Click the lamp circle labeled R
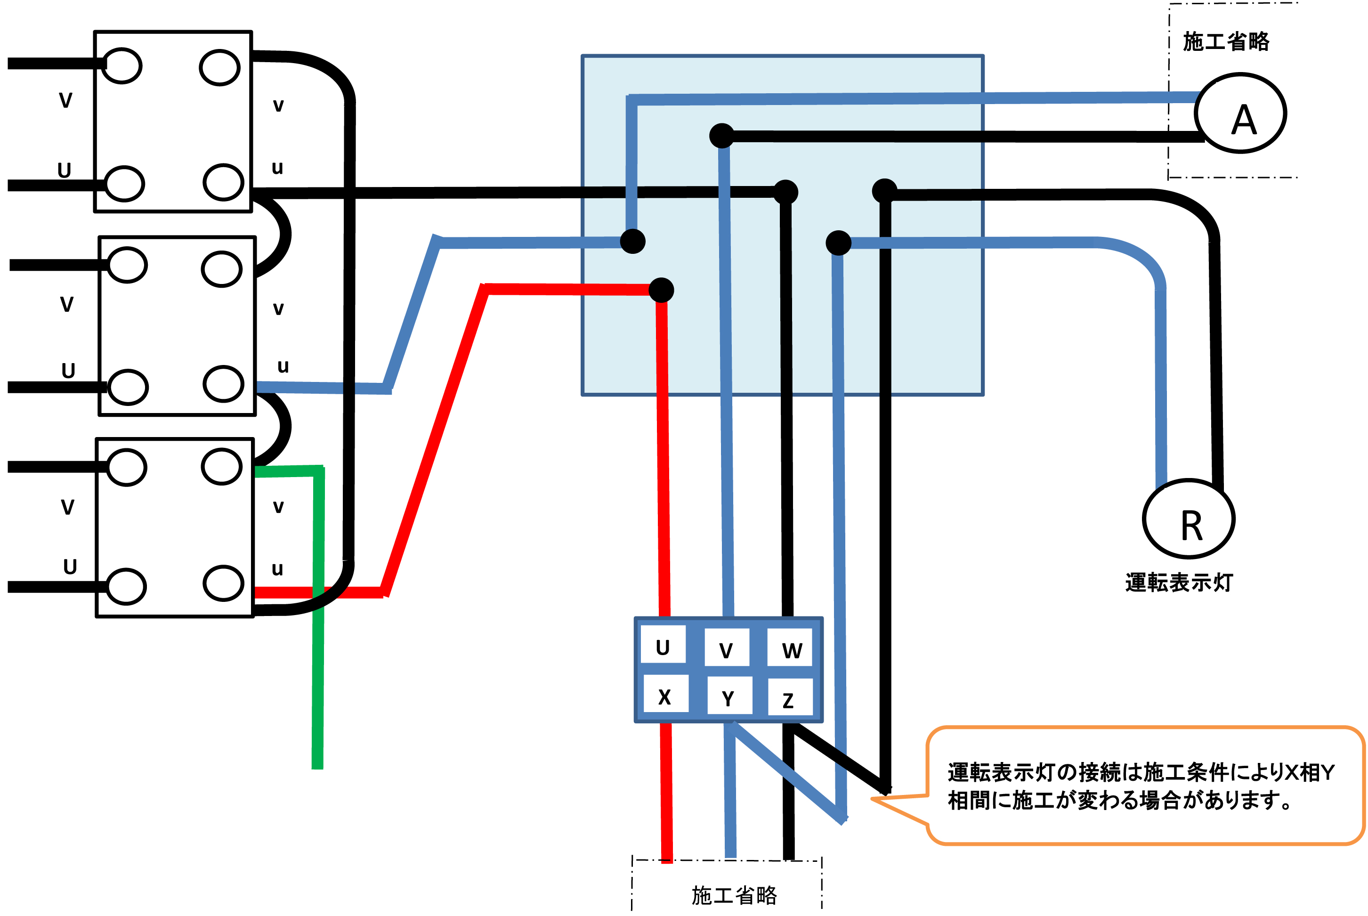point(1188,519)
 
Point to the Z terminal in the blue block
point(789,697)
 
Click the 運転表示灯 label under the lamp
point(1179,583)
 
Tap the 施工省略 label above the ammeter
point(1225,42)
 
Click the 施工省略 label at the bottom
point(734,895)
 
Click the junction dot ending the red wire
point(661,290)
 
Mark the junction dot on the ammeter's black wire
point(722,136)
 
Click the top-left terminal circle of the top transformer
point(122,66)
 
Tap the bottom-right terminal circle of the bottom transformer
point(223,583)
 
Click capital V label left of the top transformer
point(65,100)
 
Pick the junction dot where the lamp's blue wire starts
point(838,243)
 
